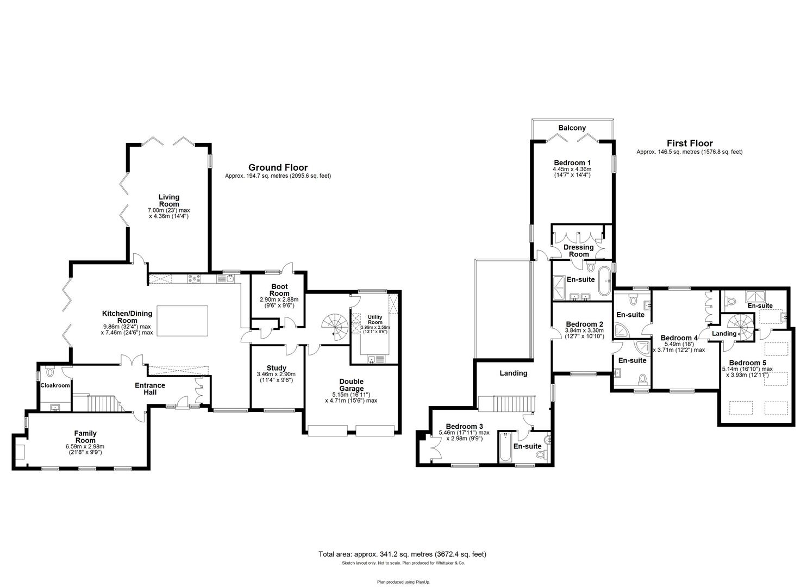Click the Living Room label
coord(169,201)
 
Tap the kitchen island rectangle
coord(183,321)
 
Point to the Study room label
coord(277,368)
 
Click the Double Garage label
coord(351,385)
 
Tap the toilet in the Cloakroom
coord(51,372)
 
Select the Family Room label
coord(85,436)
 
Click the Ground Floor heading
coord(278,167)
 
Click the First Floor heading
coord(690,143)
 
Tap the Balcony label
coord(572,128)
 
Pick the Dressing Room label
coord(579,251)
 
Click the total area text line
coord(402,554)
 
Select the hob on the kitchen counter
coord(195,279)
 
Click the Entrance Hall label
coord(150,388)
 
